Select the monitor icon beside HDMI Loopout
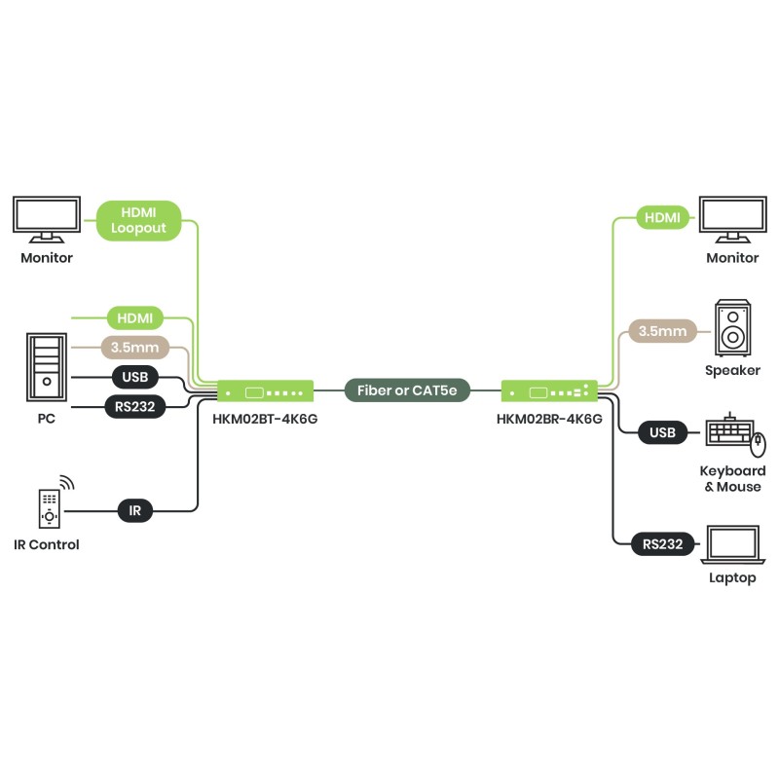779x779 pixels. (x=47, y=220)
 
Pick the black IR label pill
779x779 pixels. (x=135, y=509)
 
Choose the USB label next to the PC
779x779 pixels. (x=135, y=377)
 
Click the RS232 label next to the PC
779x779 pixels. (x=134, y=406)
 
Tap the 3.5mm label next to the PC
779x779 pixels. (x=134, y=347)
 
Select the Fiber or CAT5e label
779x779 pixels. (x=407, y=391)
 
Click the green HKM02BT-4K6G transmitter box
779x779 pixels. (x=265, y=391)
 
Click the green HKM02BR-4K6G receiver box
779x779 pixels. (x=549, y=391)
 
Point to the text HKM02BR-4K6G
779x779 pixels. (x=549, y=420)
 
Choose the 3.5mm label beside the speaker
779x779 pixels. (x=663, y=331)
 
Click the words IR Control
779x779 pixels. (x=47, y=544)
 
